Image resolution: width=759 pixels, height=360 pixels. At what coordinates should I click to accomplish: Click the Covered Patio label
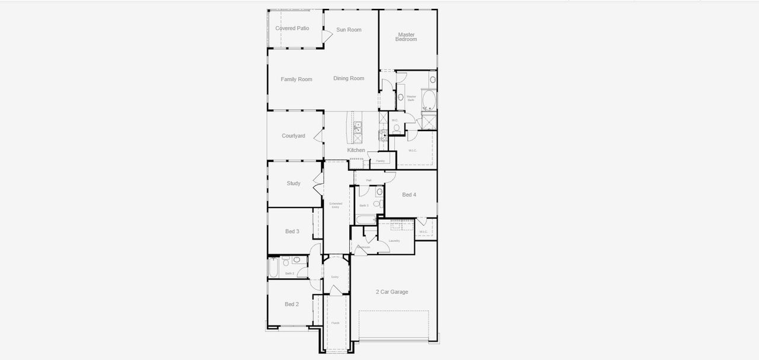click(292, 28)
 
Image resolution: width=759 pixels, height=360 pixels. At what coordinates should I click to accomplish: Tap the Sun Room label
click(349, 30)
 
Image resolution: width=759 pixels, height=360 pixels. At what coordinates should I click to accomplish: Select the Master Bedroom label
click(406, 37)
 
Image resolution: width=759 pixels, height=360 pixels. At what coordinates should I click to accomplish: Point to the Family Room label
click(296, 79)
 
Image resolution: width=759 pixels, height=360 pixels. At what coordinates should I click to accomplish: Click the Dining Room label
click(349, 78)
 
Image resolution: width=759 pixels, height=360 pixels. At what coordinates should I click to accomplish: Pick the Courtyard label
click(294, 136)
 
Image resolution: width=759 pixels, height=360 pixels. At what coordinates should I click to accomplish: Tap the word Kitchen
click(356, 150)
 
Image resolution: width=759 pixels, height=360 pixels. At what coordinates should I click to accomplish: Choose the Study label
click(294, 183)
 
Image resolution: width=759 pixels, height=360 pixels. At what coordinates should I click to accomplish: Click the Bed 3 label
click(292, 231)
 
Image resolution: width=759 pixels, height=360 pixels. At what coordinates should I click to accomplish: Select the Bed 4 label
click(409, 195)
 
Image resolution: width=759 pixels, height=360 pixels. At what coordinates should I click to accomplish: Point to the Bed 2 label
click(292, 304)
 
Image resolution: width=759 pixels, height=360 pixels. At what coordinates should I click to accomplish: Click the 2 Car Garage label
click(392, 292)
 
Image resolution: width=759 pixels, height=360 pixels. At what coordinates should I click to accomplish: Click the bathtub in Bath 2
click(273, 268)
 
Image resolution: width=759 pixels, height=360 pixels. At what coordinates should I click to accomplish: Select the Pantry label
click(380, 161)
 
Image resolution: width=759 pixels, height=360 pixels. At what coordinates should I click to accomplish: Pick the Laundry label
click(394, 241)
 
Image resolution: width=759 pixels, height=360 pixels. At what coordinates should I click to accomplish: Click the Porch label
click(336, 323)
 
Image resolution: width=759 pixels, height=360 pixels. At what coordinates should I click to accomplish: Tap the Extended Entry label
click(336, 205)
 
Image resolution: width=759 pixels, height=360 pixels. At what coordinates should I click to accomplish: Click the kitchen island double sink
click(358, 126)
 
